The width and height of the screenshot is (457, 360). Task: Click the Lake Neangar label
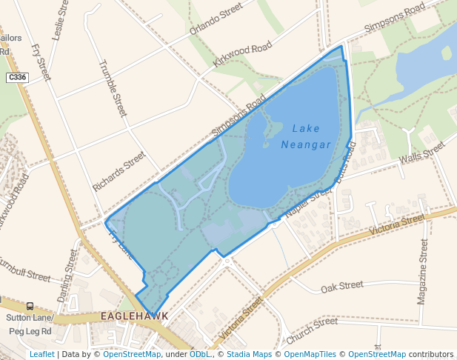[306, 136]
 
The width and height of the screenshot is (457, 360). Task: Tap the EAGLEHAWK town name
[135, 316]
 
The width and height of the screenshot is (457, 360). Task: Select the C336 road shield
[16, 77]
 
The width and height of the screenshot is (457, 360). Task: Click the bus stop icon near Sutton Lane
[30, 306]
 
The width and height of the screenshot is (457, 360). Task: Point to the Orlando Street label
[216, 20]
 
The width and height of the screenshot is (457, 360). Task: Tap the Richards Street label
[119, 172]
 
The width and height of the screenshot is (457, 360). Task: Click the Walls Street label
[421, 153]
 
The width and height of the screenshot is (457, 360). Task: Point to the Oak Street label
[342, 285]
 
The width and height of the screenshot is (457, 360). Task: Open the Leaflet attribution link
[41, 354]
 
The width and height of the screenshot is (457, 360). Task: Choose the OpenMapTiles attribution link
[312, 354]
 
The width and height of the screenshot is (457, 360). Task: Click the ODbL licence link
[200, 354]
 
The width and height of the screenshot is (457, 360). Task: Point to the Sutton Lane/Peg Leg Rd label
[29, 324]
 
